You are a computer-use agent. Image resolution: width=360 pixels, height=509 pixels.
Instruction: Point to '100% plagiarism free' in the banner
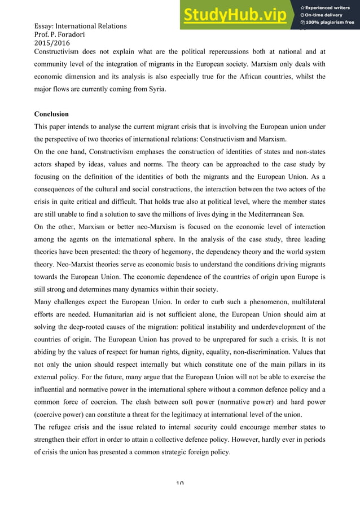coord(328,23)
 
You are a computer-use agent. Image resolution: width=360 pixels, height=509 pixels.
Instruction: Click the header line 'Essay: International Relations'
coord(81,26)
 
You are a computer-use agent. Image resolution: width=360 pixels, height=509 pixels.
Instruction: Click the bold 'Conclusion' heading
coord(51,114)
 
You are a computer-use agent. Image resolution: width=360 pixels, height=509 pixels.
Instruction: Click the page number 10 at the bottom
coord(180,482)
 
